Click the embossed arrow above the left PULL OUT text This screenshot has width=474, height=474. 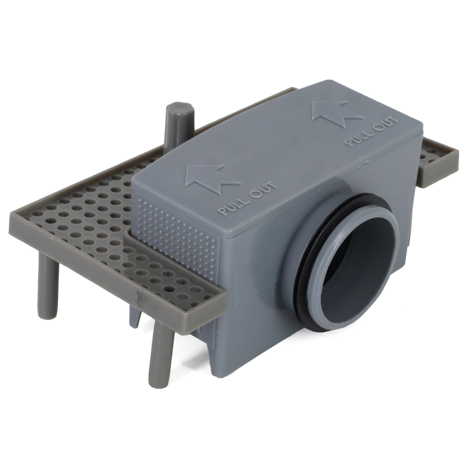(x=211, y=179)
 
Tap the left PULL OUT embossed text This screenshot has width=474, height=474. (x=247, y=198)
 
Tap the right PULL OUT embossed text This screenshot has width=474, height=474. (x=372, y=132)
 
